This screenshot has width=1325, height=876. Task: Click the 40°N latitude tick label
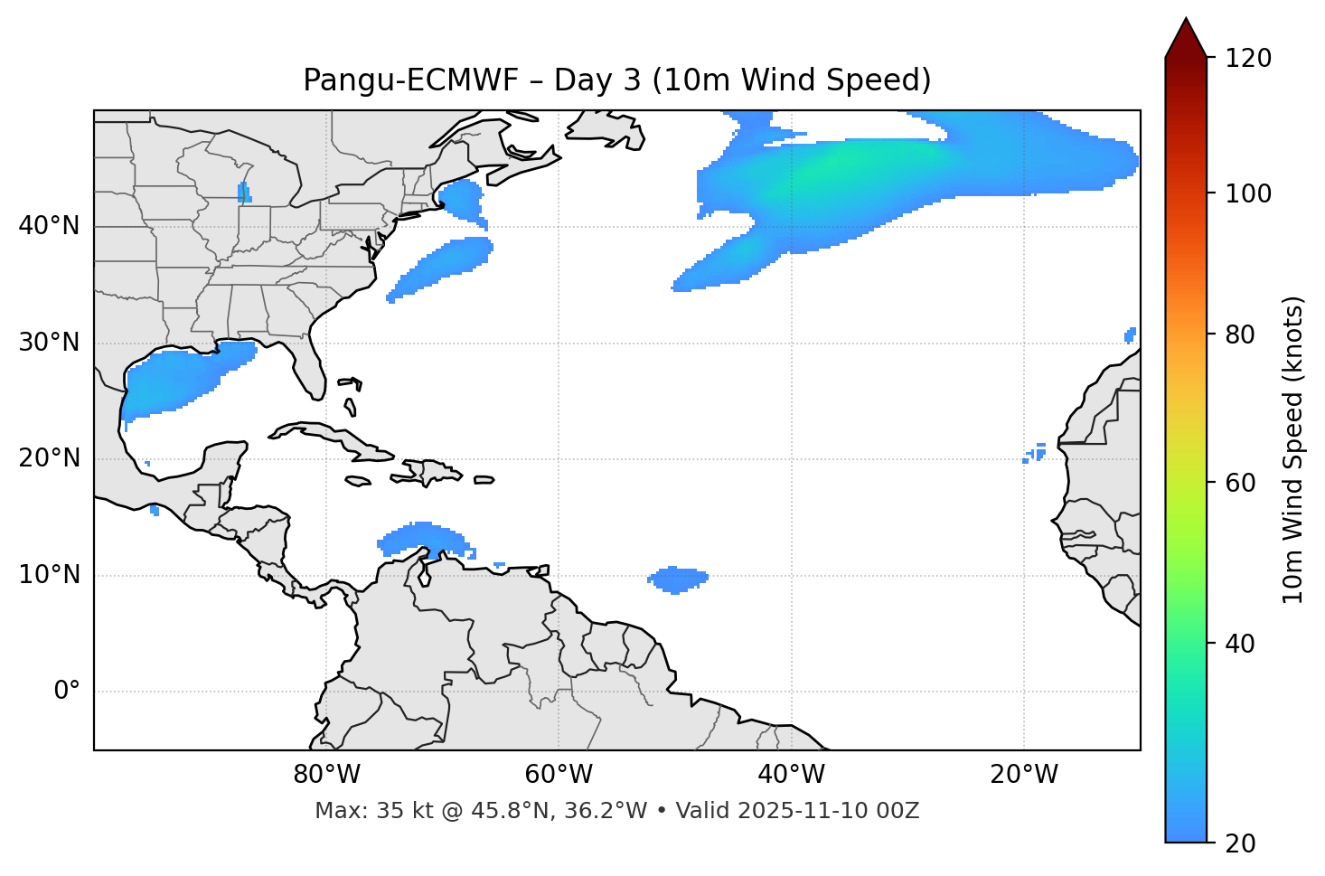pyautogui.click(x=49, y=226)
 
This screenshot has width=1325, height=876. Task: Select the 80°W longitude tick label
pyautogui.click(x=326, y=775)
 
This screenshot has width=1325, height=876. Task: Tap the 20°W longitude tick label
pyautogui.click(x=1024, y=775)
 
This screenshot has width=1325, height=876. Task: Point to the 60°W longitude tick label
pyautogui.click(x=559, y=775)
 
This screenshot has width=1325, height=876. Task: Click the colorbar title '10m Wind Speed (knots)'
pyautogui.click(x=1293, y=449)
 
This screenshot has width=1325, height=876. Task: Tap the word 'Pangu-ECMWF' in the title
pyautogui.click(x=410, y=80)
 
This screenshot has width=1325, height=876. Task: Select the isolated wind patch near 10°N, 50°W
pyautogui.click(x=677, y=579)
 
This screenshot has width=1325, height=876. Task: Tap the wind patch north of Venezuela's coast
pyautogui.click(x=421, y=539)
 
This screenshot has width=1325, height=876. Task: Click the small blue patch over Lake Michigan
pyautogui.click(x=243, y=192)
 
